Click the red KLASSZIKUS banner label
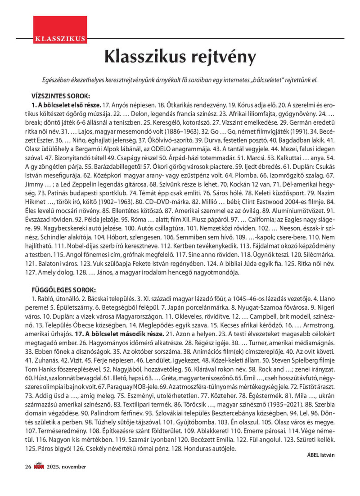(59, 38)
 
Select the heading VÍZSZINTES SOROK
(61, 96)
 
